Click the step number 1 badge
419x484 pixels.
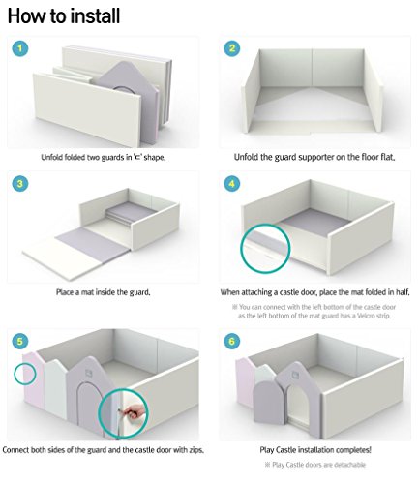point(20,48)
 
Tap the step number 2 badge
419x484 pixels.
point(232,48)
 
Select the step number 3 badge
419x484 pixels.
point(20,184)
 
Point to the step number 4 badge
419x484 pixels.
point(232,184)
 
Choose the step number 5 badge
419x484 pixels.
point(20,341)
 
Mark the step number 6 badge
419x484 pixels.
point(232,341)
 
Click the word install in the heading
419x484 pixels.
point(96,15)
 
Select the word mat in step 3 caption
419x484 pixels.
point(87,292)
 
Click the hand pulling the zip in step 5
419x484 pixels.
point(133,412)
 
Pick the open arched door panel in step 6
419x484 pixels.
point(265,402)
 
